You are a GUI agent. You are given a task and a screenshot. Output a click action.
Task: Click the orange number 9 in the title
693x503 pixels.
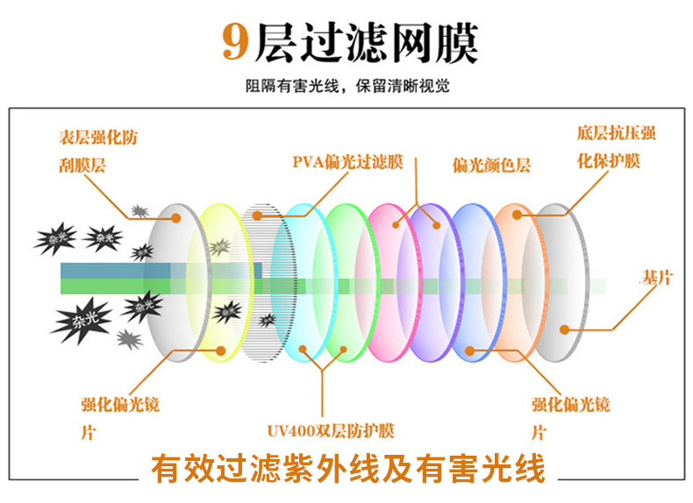tap(235, 42)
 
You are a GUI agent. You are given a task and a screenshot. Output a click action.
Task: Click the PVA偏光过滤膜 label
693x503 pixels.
tap(347, 162)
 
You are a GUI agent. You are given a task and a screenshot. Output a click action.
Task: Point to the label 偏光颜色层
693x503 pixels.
tap(491, 166)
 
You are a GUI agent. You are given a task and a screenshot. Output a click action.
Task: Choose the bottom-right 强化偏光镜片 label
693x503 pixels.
tap(570, 417)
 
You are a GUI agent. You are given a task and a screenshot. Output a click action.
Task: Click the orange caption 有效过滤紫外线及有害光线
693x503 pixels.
tap(347, 469)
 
